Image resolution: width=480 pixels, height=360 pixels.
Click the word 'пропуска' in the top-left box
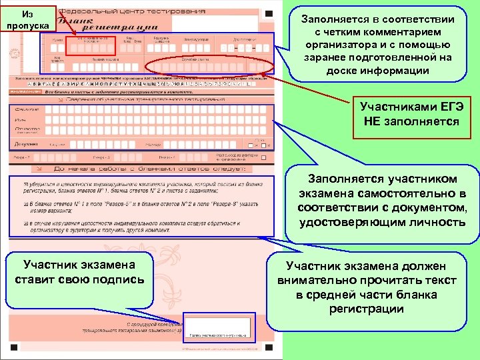24,25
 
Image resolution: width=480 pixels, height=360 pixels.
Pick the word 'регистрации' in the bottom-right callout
366,309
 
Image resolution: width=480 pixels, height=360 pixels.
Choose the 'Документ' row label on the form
25,143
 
